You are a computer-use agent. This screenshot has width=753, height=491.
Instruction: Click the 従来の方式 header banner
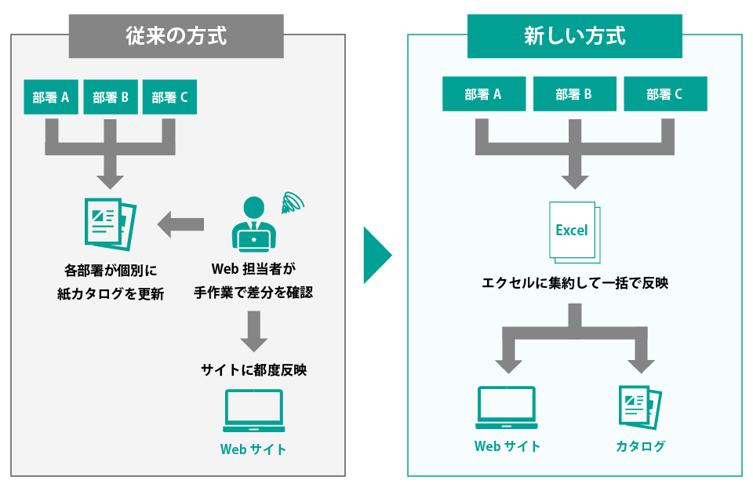click(x=176, y=35)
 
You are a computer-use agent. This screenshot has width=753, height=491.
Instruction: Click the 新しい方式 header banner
click(x=574, y=35)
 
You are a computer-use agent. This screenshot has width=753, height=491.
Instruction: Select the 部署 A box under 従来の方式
click(x=51, y=97)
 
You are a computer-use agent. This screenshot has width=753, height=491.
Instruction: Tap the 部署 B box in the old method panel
click(x=111, y=97)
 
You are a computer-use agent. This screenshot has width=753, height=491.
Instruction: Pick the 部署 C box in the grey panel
click(x=169, y=97)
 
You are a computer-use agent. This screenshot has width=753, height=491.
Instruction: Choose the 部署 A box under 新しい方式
click(x=483, y=94)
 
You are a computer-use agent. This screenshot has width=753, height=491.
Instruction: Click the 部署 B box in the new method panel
click(x=574, y=94)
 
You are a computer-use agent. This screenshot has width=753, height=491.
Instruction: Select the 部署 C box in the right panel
click(x=665, y=94)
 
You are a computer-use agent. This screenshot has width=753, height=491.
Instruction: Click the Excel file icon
click(x=573, y=231)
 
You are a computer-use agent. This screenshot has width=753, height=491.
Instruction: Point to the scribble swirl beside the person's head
click(x=293, y=202)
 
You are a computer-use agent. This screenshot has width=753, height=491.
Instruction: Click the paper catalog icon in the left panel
click(x=111, y=224)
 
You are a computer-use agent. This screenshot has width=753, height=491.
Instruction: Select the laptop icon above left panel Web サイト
click(x=253, y=410)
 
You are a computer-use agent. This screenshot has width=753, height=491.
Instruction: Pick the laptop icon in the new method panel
click(x=507, y=407)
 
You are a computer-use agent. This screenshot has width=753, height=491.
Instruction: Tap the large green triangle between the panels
click(x=376, y=255)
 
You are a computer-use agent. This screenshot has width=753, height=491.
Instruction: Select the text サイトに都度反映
click(x=253, y=370)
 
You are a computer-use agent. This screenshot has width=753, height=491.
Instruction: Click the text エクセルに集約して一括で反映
click(x=574, y=283)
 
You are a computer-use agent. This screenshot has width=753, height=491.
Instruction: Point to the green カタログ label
click(x=639, y=446)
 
